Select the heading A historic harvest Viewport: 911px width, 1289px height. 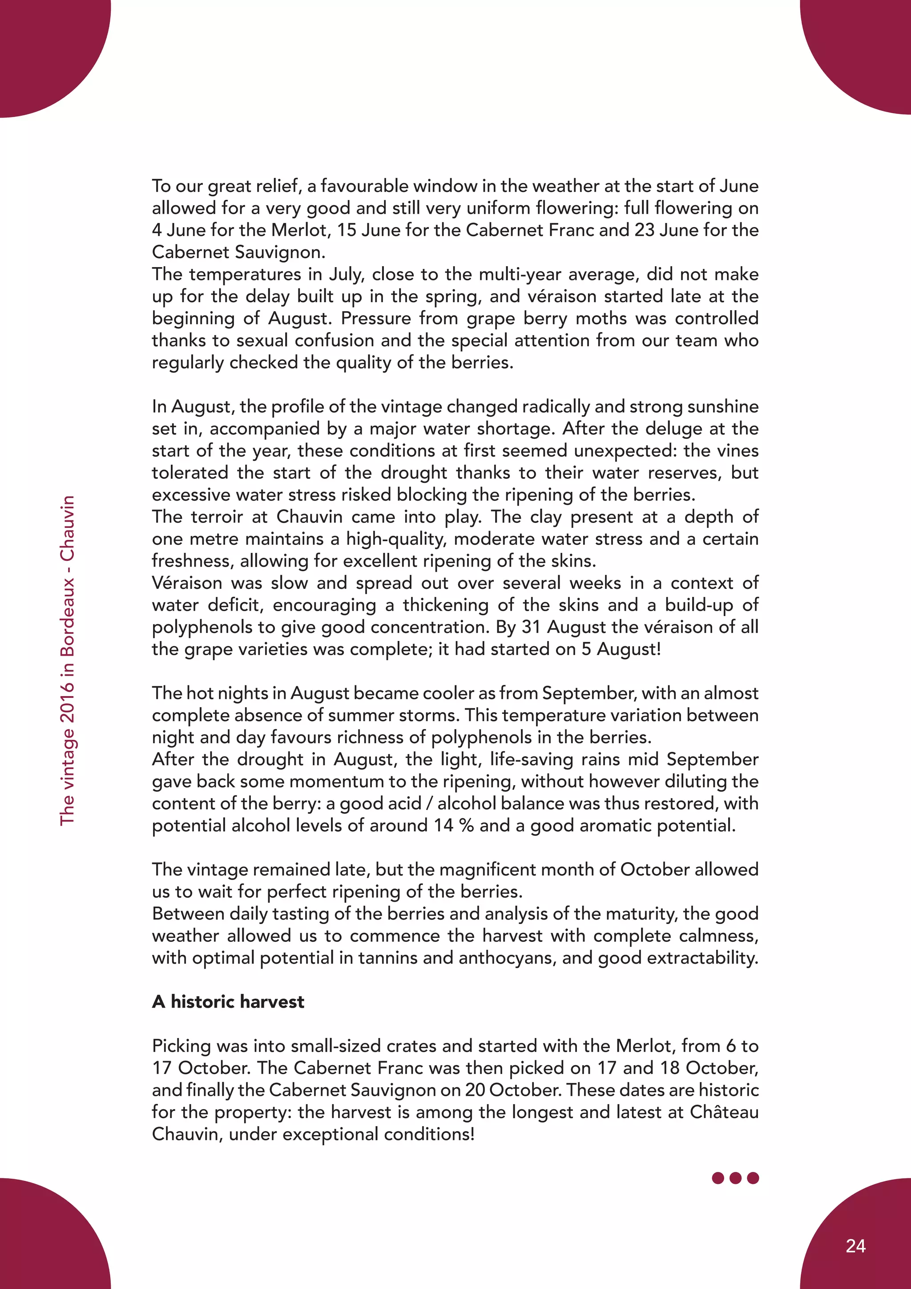[228, 1001]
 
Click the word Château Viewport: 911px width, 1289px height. [724, 1111]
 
